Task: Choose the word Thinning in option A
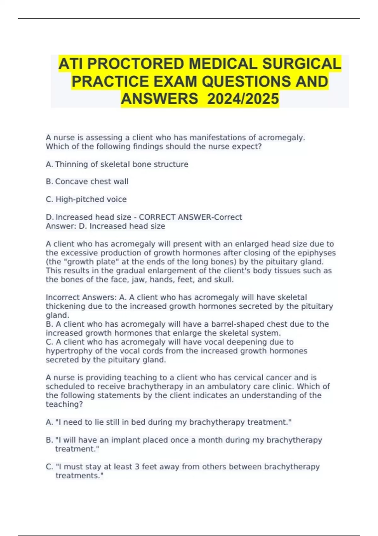point(72,164)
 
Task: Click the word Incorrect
point(63,297)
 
